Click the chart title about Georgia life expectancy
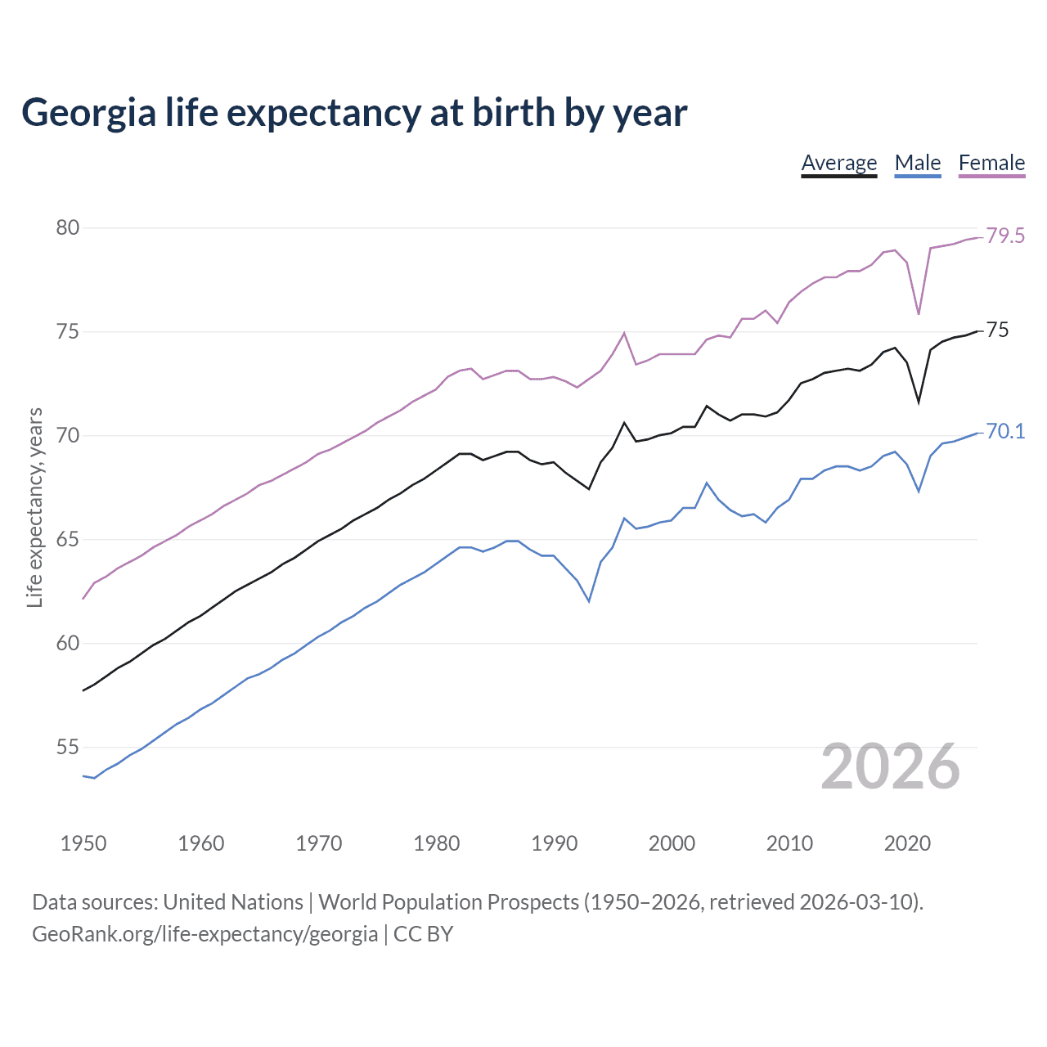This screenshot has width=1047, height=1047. [353, 113]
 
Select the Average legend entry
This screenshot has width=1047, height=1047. [838, 163]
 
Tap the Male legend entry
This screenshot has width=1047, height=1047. [917, 163]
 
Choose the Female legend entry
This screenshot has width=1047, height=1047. [991, 163]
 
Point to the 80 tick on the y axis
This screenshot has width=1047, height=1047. [68, 227]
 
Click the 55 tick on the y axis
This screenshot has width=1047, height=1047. [68, 747]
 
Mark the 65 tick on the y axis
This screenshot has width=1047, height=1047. [68, 540]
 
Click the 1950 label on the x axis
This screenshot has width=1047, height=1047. [83, 843]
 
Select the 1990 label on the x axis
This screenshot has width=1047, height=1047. [554, 843]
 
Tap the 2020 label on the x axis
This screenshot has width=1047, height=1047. [907, 843]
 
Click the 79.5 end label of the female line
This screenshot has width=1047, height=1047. [1005, 236]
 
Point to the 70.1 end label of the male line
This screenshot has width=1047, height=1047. [1005, 432]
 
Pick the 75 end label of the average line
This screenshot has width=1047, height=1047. [998, 330]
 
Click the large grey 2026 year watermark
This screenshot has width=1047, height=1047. [890, 766]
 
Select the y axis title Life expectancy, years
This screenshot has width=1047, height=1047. [35, 507]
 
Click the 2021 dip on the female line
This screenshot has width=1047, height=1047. [919, 314]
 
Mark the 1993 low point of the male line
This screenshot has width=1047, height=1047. [589, 601]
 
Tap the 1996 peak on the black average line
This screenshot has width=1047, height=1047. [624, 423]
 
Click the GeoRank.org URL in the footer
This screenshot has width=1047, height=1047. [204, 934]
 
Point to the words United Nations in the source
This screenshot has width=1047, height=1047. [233, 902]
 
